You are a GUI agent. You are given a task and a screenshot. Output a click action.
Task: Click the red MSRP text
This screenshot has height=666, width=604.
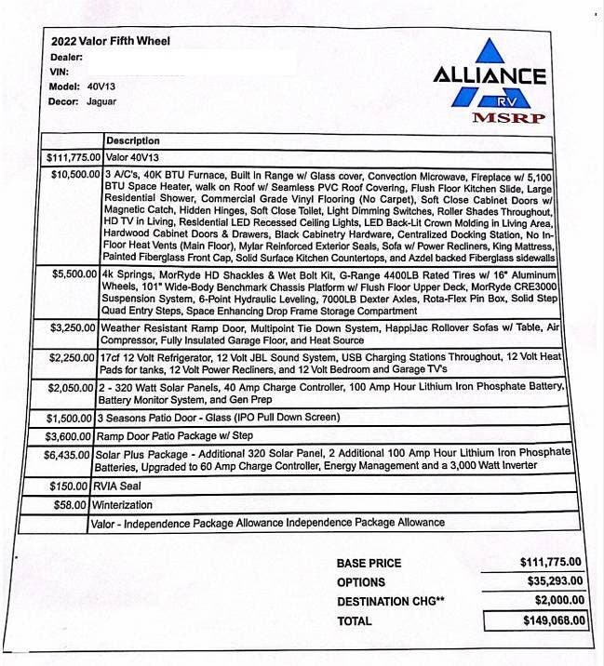click(508, 118)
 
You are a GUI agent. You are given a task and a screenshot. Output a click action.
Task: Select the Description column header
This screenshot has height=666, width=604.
click(133, 140)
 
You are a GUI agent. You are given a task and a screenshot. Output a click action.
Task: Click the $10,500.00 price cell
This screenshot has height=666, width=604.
click(75, 175)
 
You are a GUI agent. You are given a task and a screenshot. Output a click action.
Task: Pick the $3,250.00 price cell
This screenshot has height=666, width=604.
click(74, 328)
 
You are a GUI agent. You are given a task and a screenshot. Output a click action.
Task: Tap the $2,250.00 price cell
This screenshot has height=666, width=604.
click(74, 357)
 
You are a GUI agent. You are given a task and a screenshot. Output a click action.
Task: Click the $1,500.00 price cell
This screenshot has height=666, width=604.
click(70, 418)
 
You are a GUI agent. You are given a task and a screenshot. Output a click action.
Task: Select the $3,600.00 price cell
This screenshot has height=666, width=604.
click(70, 436)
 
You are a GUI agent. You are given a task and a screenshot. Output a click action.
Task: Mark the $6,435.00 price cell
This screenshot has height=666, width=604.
click(70, 455)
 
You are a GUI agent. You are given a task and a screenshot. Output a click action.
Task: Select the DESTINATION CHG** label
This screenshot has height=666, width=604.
click(390, 601)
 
